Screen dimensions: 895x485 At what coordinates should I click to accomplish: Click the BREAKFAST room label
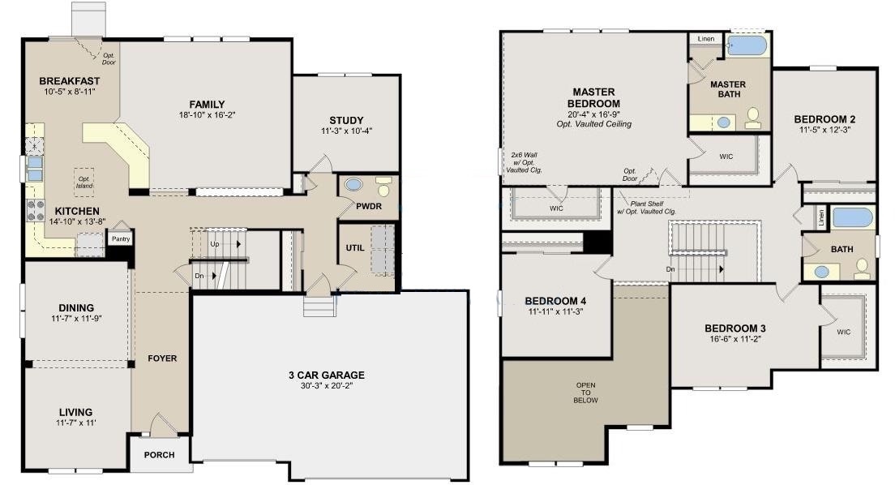tap(70, 81)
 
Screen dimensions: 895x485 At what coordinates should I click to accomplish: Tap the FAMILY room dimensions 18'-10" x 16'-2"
tap(208, 115)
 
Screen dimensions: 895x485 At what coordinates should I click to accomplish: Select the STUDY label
tap(346, 121)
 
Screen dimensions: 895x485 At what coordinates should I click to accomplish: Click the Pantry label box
tap(121, 238)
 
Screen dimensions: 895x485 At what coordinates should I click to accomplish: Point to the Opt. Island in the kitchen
tap(84, 182)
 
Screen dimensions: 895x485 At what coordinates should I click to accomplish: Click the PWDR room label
tap(369, 206)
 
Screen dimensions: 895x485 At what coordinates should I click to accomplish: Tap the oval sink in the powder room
tap(353, 185)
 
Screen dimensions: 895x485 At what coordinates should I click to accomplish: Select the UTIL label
tap(355, 248)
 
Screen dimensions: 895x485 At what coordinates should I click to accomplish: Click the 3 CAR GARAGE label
tap(327, 376)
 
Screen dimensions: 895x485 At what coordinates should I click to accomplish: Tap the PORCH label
tap(159, 455)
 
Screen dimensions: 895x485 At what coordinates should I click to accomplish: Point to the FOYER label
tap(162, 358)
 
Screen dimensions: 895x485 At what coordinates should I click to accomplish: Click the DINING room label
tap(76, 308)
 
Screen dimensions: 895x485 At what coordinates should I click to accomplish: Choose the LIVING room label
tap(76, 413)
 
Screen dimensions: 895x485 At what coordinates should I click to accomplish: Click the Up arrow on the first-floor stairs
tap(238, 244)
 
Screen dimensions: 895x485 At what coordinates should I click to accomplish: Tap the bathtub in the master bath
tap(747, 45)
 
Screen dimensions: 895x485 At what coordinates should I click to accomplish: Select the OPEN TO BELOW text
tap(585, 393)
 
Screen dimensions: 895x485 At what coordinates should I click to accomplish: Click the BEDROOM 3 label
tap(735, 328)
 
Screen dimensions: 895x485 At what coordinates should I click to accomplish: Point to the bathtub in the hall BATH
tap(852, 218)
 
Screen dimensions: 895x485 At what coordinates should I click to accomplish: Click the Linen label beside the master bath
tap(706, 39)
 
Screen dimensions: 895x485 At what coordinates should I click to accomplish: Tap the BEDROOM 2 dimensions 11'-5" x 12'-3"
tap(824, 131)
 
